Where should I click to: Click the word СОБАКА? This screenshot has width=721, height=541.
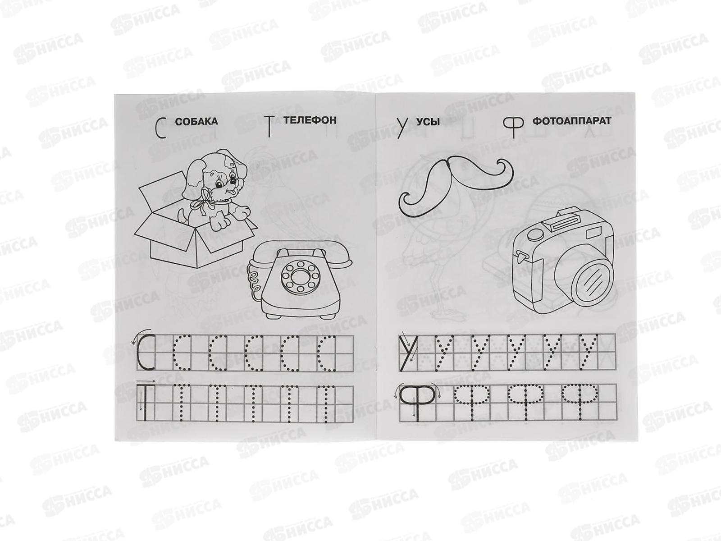coord(196,122)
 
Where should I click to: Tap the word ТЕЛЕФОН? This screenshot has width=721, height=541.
coord(310,120)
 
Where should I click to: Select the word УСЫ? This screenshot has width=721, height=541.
coord(428,122)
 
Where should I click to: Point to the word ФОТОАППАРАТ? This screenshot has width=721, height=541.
coord(571,120)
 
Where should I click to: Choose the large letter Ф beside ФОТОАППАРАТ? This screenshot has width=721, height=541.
coord(513,129)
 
